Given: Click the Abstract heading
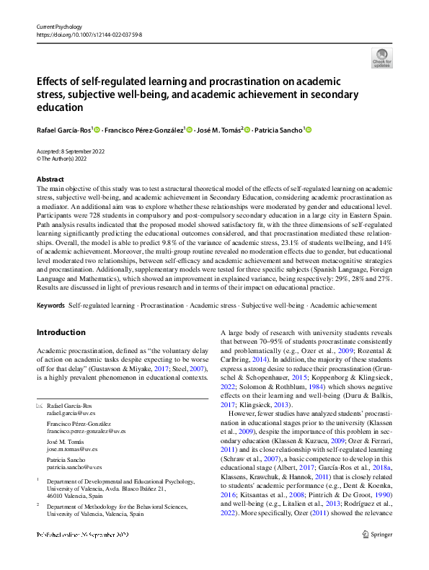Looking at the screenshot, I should [50, 179].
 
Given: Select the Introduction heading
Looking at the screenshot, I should [61, 332].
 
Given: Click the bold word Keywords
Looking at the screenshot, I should [50, 306].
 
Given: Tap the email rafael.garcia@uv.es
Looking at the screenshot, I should [71, 414].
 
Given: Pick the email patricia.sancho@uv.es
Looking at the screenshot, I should [74, 466].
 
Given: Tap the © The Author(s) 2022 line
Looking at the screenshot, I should [66, 159].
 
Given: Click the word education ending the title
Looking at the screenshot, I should [60, 107].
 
